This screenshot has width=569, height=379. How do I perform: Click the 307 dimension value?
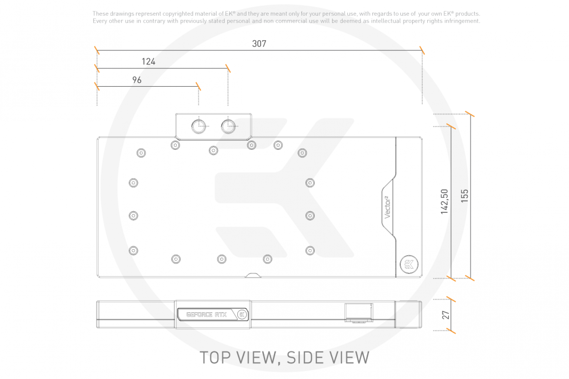click(x=259, y=44)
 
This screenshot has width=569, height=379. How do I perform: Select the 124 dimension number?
click(x=148, y=62)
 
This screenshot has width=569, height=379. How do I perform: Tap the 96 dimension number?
click(x=137, y=80)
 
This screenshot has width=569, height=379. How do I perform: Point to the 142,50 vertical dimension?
click(x=445, y=202)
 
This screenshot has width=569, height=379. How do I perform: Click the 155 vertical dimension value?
click(x=464, y=196)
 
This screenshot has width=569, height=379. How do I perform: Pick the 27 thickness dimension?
click(x=446, y=315)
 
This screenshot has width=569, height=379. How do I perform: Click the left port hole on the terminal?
click(x=199, y=126)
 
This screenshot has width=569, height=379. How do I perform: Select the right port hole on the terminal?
click(x=228, y=126)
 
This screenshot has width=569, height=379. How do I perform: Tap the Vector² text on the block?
click(x=387, y=207)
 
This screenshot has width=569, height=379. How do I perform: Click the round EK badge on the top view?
click(x=409, y=265)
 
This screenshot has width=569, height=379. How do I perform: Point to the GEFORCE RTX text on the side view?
click(x=207, y=315)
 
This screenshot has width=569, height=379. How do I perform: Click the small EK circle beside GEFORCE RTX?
click(x=242, y=315)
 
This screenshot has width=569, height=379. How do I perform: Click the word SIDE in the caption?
click(x=303, y=357)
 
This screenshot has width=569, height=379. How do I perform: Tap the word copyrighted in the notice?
click(x=178, y=14)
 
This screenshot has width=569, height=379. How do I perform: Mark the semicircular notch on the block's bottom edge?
click(x=253, y=274)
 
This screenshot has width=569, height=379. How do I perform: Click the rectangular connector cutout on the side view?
click(x=359, y=313)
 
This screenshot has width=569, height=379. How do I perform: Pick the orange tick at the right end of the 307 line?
click(x=422, y=50)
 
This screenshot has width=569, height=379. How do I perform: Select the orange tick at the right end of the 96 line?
click(x=198, y=86)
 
